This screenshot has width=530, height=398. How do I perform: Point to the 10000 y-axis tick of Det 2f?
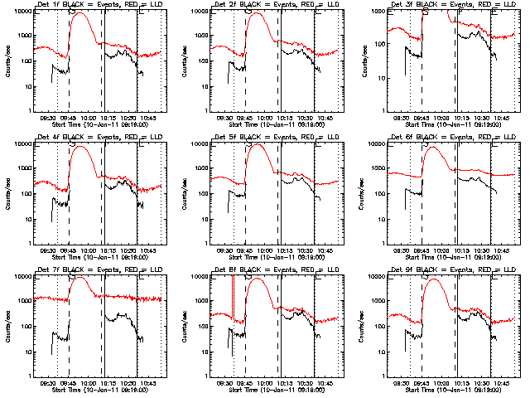pos(208,12)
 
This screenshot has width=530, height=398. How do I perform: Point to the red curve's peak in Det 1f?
pos(82,15)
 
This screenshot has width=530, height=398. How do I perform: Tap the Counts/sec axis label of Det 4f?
pos(18,194)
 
